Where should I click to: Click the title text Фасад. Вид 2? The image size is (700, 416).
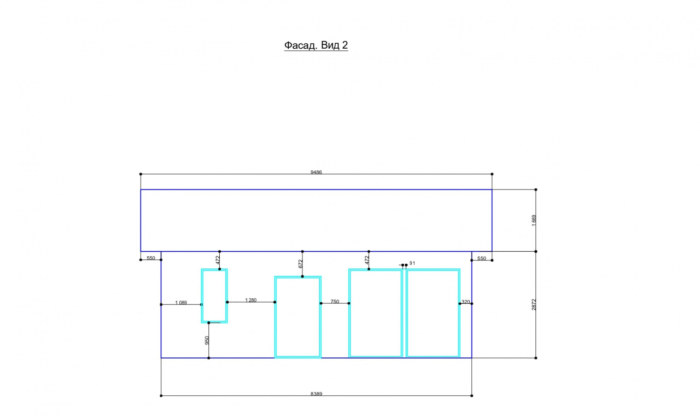click(x=316, y=45)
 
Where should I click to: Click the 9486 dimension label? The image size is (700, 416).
click(x=316, y=172)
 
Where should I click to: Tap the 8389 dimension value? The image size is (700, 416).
click(x=316, y=394)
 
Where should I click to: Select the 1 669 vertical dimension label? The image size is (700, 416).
click(x=534, y=221)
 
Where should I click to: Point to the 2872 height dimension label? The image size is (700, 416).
click(x=534, y=305)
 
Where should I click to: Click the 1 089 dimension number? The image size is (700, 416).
click(x=181, y=303)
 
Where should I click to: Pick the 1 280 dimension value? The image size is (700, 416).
click(x=250, y=301)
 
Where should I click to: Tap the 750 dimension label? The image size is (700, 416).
click(x=335, y=302)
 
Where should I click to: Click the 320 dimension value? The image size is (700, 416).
click(x=465, y=302)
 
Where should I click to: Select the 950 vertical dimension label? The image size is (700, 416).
click(x=207, y=340)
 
